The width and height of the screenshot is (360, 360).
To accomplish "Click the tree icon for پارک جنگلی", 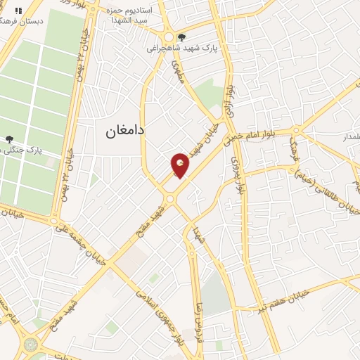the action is pyautogui.click(x=8, y=140).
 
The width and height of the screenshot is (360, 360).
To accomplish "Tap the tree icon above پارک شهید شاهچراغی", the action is pyautogui.click(x=183, y=37).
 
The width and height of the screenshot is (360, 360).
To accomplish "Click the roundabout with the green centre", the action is pyautogui.click(x=30, y=345).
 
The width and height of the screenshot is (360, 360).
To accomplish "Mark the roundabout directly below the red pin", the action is pyautogui.click(x=170, y=200).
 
